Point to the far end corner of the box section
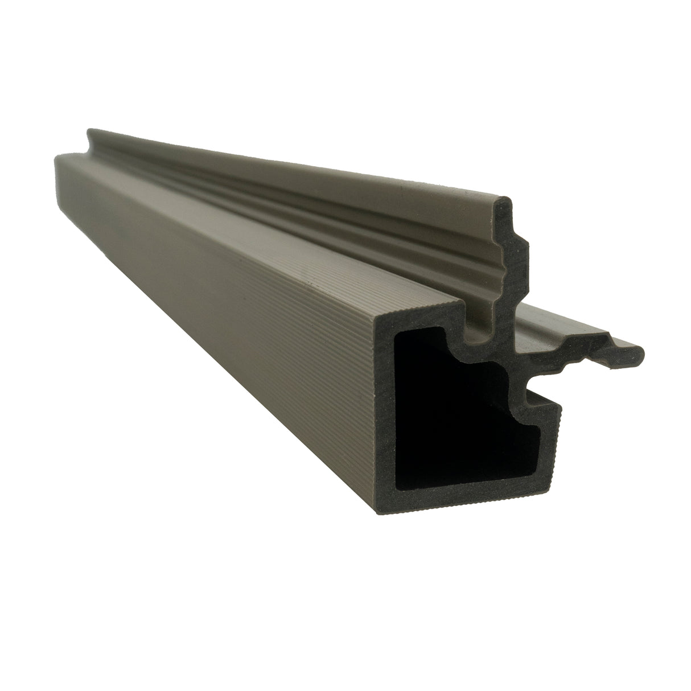tap(56, 158)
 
